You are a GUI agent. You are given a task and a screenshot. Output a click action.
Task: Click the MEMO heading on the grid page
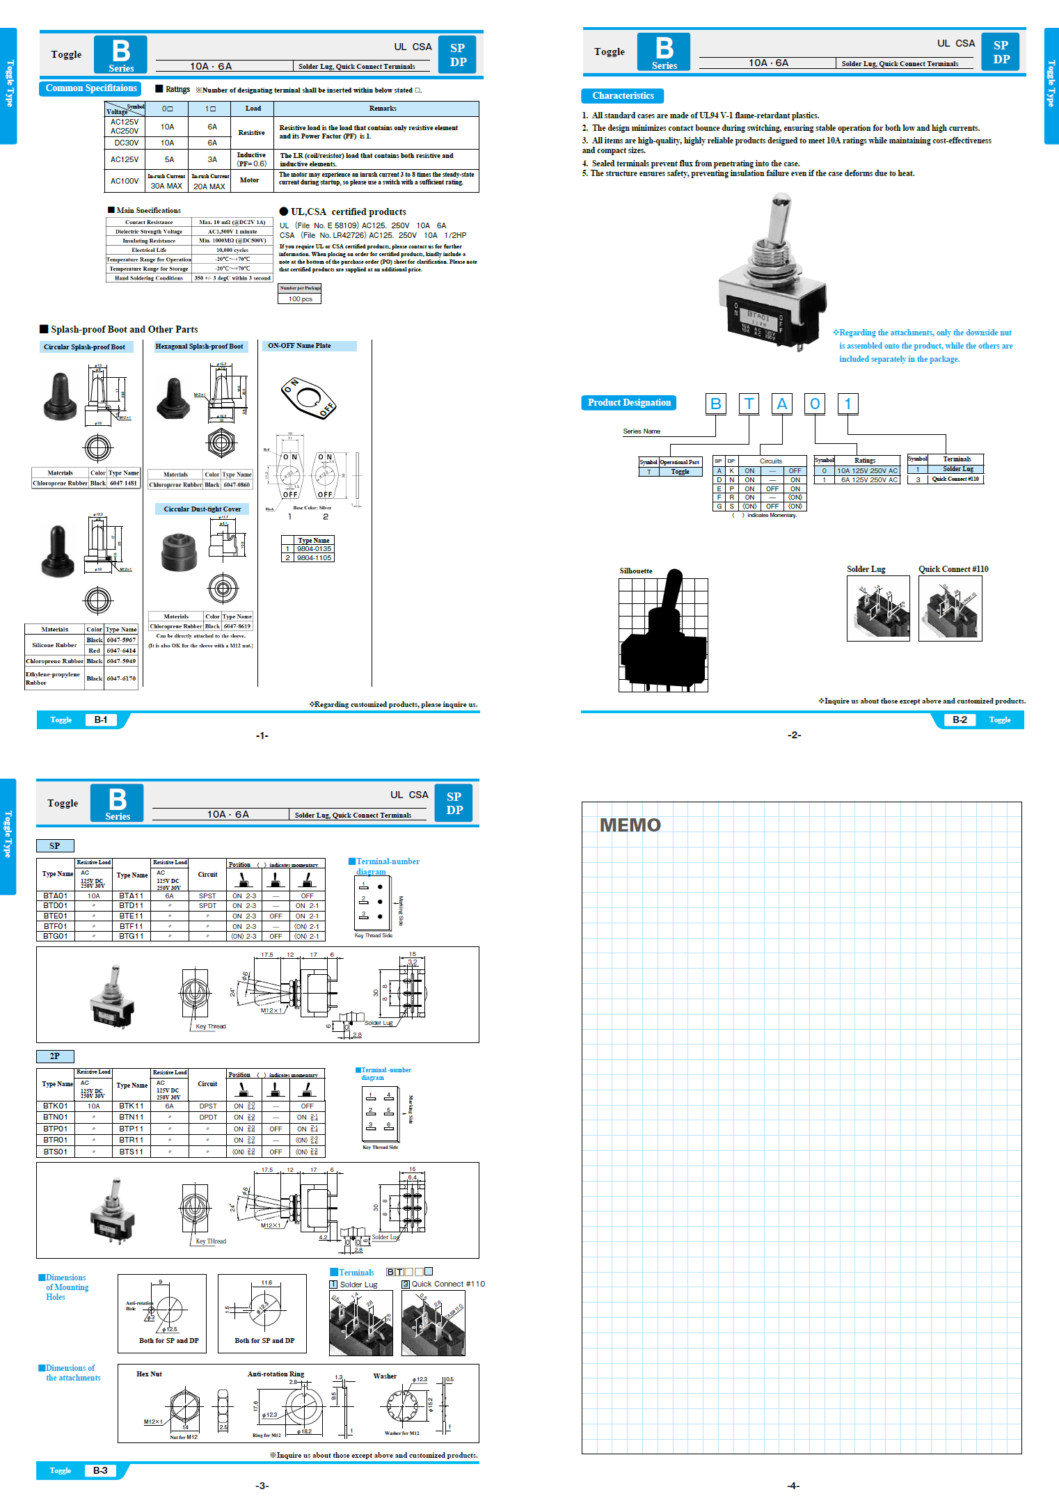pyautogui.click(x=630, y=825)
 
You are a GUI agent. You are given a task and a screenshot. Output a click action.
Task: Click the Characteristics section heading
pyautogui.click(x=622, y=96)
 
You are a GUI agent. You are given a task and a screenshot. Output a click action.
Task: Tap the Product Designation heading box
pyautogui.click(x=628, y=403)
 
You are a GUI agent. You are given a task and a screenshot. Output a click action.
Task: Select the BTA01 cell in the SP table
pyautogui.click(x=56, y=896)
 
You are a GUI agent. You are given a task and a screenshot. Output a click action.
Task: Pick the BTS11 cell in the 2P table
pyautogui.click(x=131, y=1152)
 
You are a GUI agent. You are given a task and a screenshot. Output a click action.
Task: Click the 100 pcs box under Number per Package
pyautogui.click(x=300, y=299)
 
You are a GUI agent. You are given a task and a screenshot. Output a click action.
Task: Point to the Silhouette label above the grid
pyautogui.click(x=636, y=571)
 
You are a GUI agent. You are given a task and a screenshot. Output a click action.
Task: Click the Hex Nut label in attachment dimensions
pyautogui.click(x=149, y=1374)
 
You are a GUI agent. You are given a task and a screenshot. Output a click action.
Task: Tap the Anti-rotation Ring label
pyautogui.click(x=276, y=1374)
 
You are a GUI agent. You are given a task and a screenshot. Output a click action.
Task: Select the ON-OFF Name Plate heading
pyautogui.click(x=300, y=346)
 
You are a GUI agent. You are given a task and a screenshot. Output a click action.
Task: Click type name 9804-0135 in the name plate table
pyautogui.click(x=314, y=549)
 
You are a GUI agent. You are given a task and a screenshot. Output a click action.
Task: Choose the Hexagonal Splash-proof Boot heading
pyautogui.click(x=199, y=347)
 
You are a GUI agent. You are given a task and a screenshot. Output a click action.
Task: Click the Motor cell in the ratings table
pyautogui.click(x=250, y=180)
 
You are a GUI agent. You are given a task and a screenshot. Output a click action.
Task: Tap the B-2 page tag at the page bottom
pyautogui.click(x=960, y=720)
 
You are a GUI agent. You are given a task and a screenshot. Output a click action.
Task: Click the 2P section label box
pyautogui.click(x=55, y=1056)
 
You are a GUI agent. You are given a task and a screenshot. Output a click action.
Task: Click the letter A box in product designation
pyautogui.click(x=782, y=404)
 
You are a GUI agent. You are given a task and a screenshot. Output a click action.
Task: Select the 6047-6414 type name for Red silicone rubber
pyautogui.click(x=121, y=651)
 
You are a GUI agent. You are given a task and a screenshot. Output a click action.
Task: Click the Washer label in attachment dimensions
pyautogui.click(x=385, y=1376)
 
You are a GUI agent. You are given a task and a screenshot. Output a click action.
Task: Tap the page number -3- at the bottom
pyautogui.click(x=262, y=1486)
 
